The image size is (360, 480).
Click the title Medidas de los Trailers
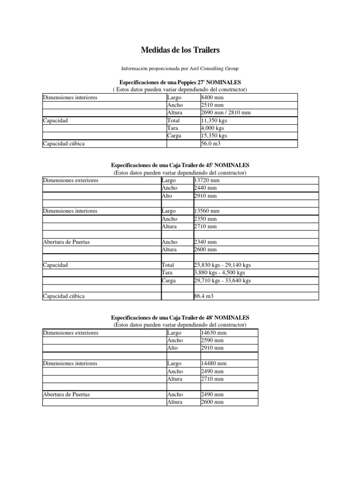point(180,50)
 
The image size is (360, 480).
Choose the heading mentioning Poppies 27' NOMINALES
point(180,82)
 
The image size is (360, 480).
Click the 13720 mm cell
point(207,180)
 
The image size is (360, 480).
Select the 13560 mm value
point(207,211)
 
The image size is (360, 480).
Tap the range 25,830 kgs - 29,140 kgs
point(222,265)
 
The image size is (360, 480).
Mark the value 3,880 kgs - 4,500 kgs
point(219,272)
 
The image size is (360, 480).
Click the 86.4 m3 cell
point(204,296)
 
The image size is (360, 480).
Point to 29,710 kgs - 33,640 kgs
point(222,280)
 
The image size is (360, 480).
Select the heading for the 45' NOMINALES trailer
point(180,165)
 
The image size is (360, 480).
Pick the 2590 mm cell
point(212,340)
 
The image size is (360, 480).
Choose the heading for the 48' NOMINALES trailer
point(180,317)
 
